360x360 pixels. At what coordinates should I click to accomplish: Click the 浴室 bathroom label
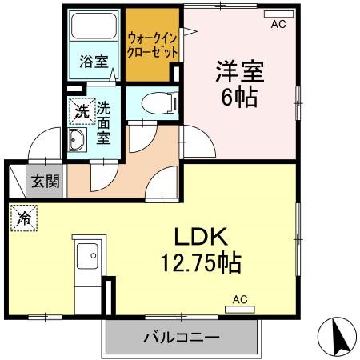click(94, 62)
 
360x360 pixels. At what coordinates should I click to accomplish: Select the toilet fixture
click(155, 102)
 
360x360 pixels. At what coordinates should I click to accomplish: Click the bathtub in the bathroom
click(94, 31)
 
